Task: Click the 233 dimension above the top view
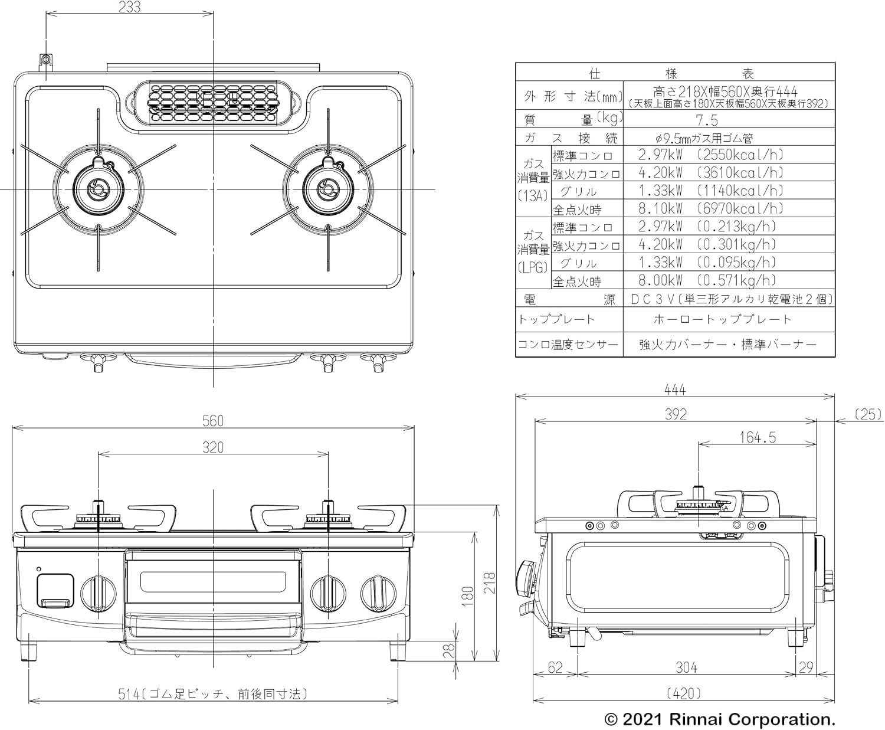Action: (x=129, y=7)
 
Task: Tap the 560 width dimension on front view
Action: (x=213, y=421)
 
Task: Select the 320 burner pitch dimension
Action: (x=213, y=447)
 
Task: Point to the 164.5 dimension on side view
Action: (x=758, y=437)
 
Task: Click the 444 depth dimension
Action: (x=675, y=389)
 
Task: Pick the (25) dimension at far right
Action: (x=868, y=414)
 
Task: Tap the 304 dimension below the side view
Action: (x=686, y=668)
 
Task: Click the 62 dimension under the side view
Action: (x=555, y=668)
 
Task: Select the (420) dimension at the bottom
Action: (x=684, y=693)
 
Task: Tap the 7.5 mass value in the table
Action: (x=707, y=121)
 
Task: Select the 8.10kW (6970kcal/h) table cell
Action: (x=711, y=208)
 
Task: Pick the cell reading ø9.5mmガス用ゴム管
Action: (x=704, y=138)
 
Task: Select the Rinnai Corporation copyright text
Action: (x=719, y=719)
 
